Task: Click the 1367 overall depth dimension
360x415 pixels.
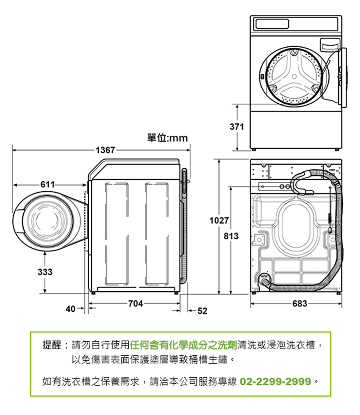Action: [x=105, y=150]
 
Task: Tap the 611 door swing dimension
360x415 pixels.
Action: [x=48, y=184]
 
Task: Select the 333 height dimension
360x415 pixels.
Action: [x=45, y=272]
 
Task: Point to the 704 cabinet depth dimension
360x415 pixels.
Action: [x=136, y=303]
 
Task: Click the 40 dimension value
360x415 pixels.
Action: [x=70, y=309]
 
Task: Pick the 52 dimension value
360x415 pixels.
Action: [x=202, y=311]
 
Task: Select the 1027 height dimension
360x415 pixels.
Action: [x=219, y=220]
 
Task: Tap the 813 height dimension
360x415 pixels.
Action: [x=231, y=236]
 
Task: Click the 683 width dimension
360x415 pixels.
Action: [x=300, y=303]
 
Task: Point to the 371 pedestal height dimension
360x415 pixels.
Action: [x=237, y=126]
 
